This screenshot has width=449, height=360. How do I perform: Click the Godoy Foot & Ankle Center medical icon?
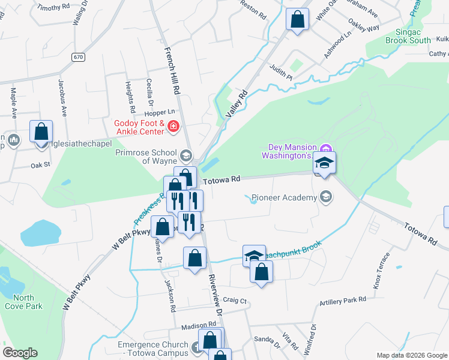tap(173, 126)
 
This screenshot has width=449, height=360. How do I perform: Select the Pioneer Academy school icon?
tap(326, 197)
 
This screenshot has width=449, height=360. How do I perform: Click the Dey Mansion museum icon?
tap(326, 148)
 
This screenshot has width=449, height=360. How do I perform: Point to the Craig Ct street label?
tap(235, 299)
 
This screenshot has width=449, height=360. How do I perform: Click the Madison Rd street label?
tap(199, 325)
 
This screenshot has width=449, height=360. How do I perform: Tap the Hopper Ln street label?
tap(162, 112)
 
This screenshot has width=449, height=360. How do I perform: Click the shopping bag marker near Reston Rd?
tap(297, 19)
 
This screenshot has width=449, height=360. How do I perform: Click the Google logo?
tap(20, 353)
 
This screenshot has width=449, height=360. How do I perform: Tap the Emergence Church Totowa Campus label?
tap(152, 349)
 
